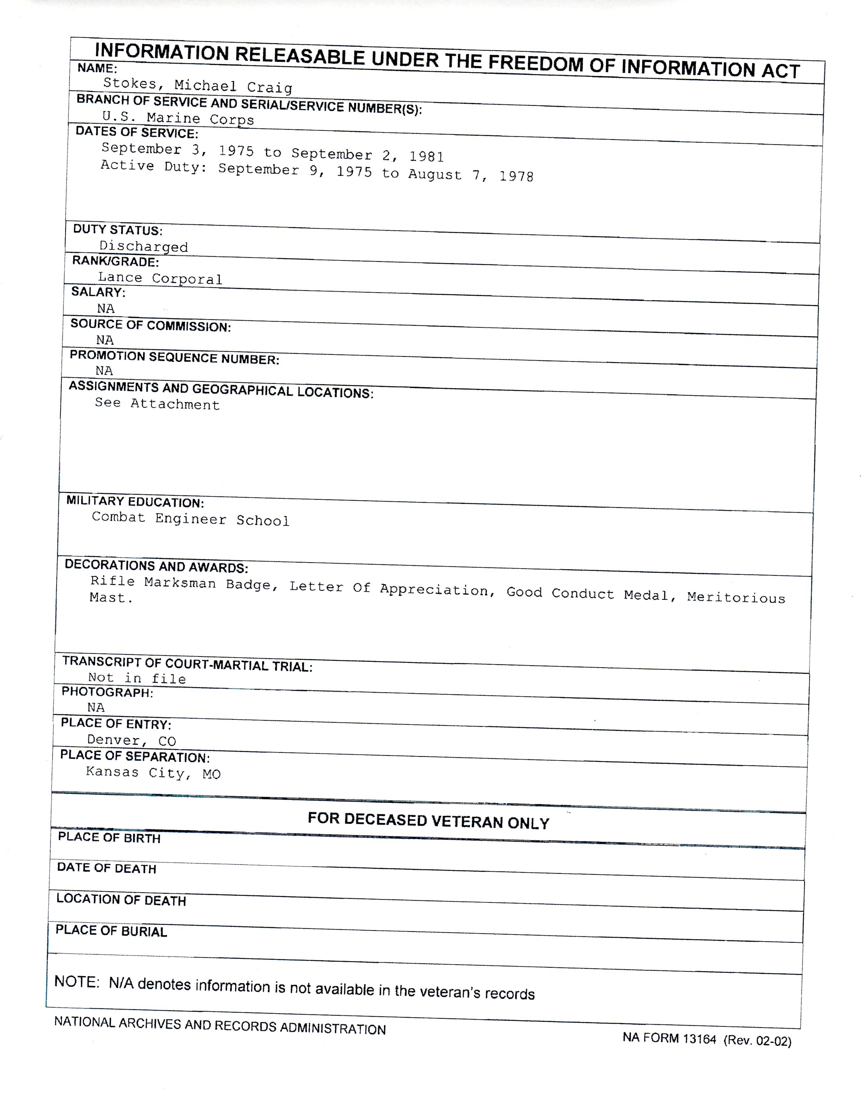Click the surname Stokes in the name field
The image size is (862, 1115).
coord(129,83)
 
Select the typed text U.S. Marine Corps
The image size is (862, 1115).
coord(178,119)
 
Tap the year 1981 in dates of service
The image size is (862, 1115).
coord(426,156)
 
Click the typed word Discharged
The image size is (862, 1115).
coord(143,247)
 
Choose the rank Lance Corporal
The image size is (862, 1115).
coord(160,278)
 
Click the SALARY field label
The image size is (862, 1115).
coord(98,293)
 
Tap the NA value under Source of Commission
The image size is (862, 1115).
coord(105,340)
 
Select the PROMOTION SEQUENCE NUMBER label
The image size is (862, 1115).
coord(174,357)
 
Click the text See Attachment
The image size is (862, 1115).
coord(157,404)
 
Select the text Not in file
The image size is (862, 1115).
coord(137,678)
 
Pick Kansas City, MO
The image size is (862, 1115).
coord(153,773)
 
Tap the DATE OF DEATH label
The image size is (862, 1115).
coord(106,868)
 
